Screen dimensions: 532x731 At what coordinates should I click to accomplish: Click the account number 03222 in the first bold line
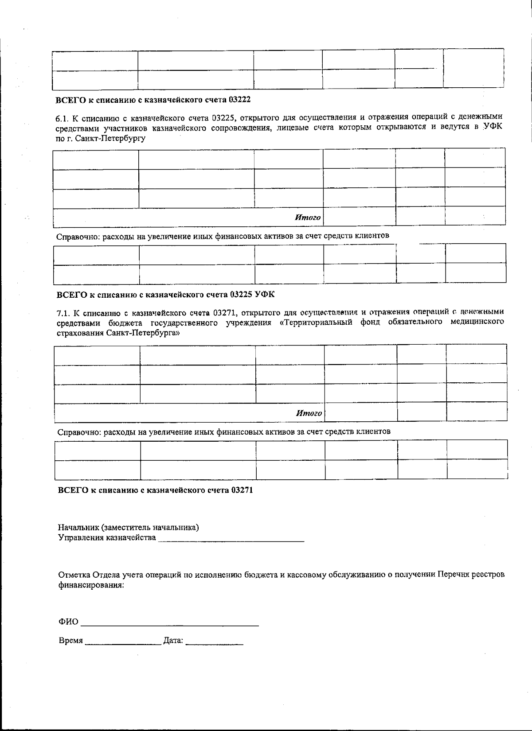pos(240,100)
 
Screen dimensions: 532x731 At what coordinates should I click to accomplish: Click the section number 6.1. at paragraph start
pos(62,117)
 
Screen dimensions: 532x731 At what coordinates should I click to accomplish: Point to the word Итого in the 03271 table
pos(309,413)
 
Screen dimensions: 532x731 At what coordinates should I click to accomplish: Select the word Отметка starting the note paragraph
pos(74,575)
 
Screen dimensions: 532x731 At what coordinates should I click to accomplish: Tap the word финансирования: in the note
pos(91,585)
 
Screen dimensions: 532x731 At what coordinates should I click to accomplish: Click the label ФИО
pos(68,622)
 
